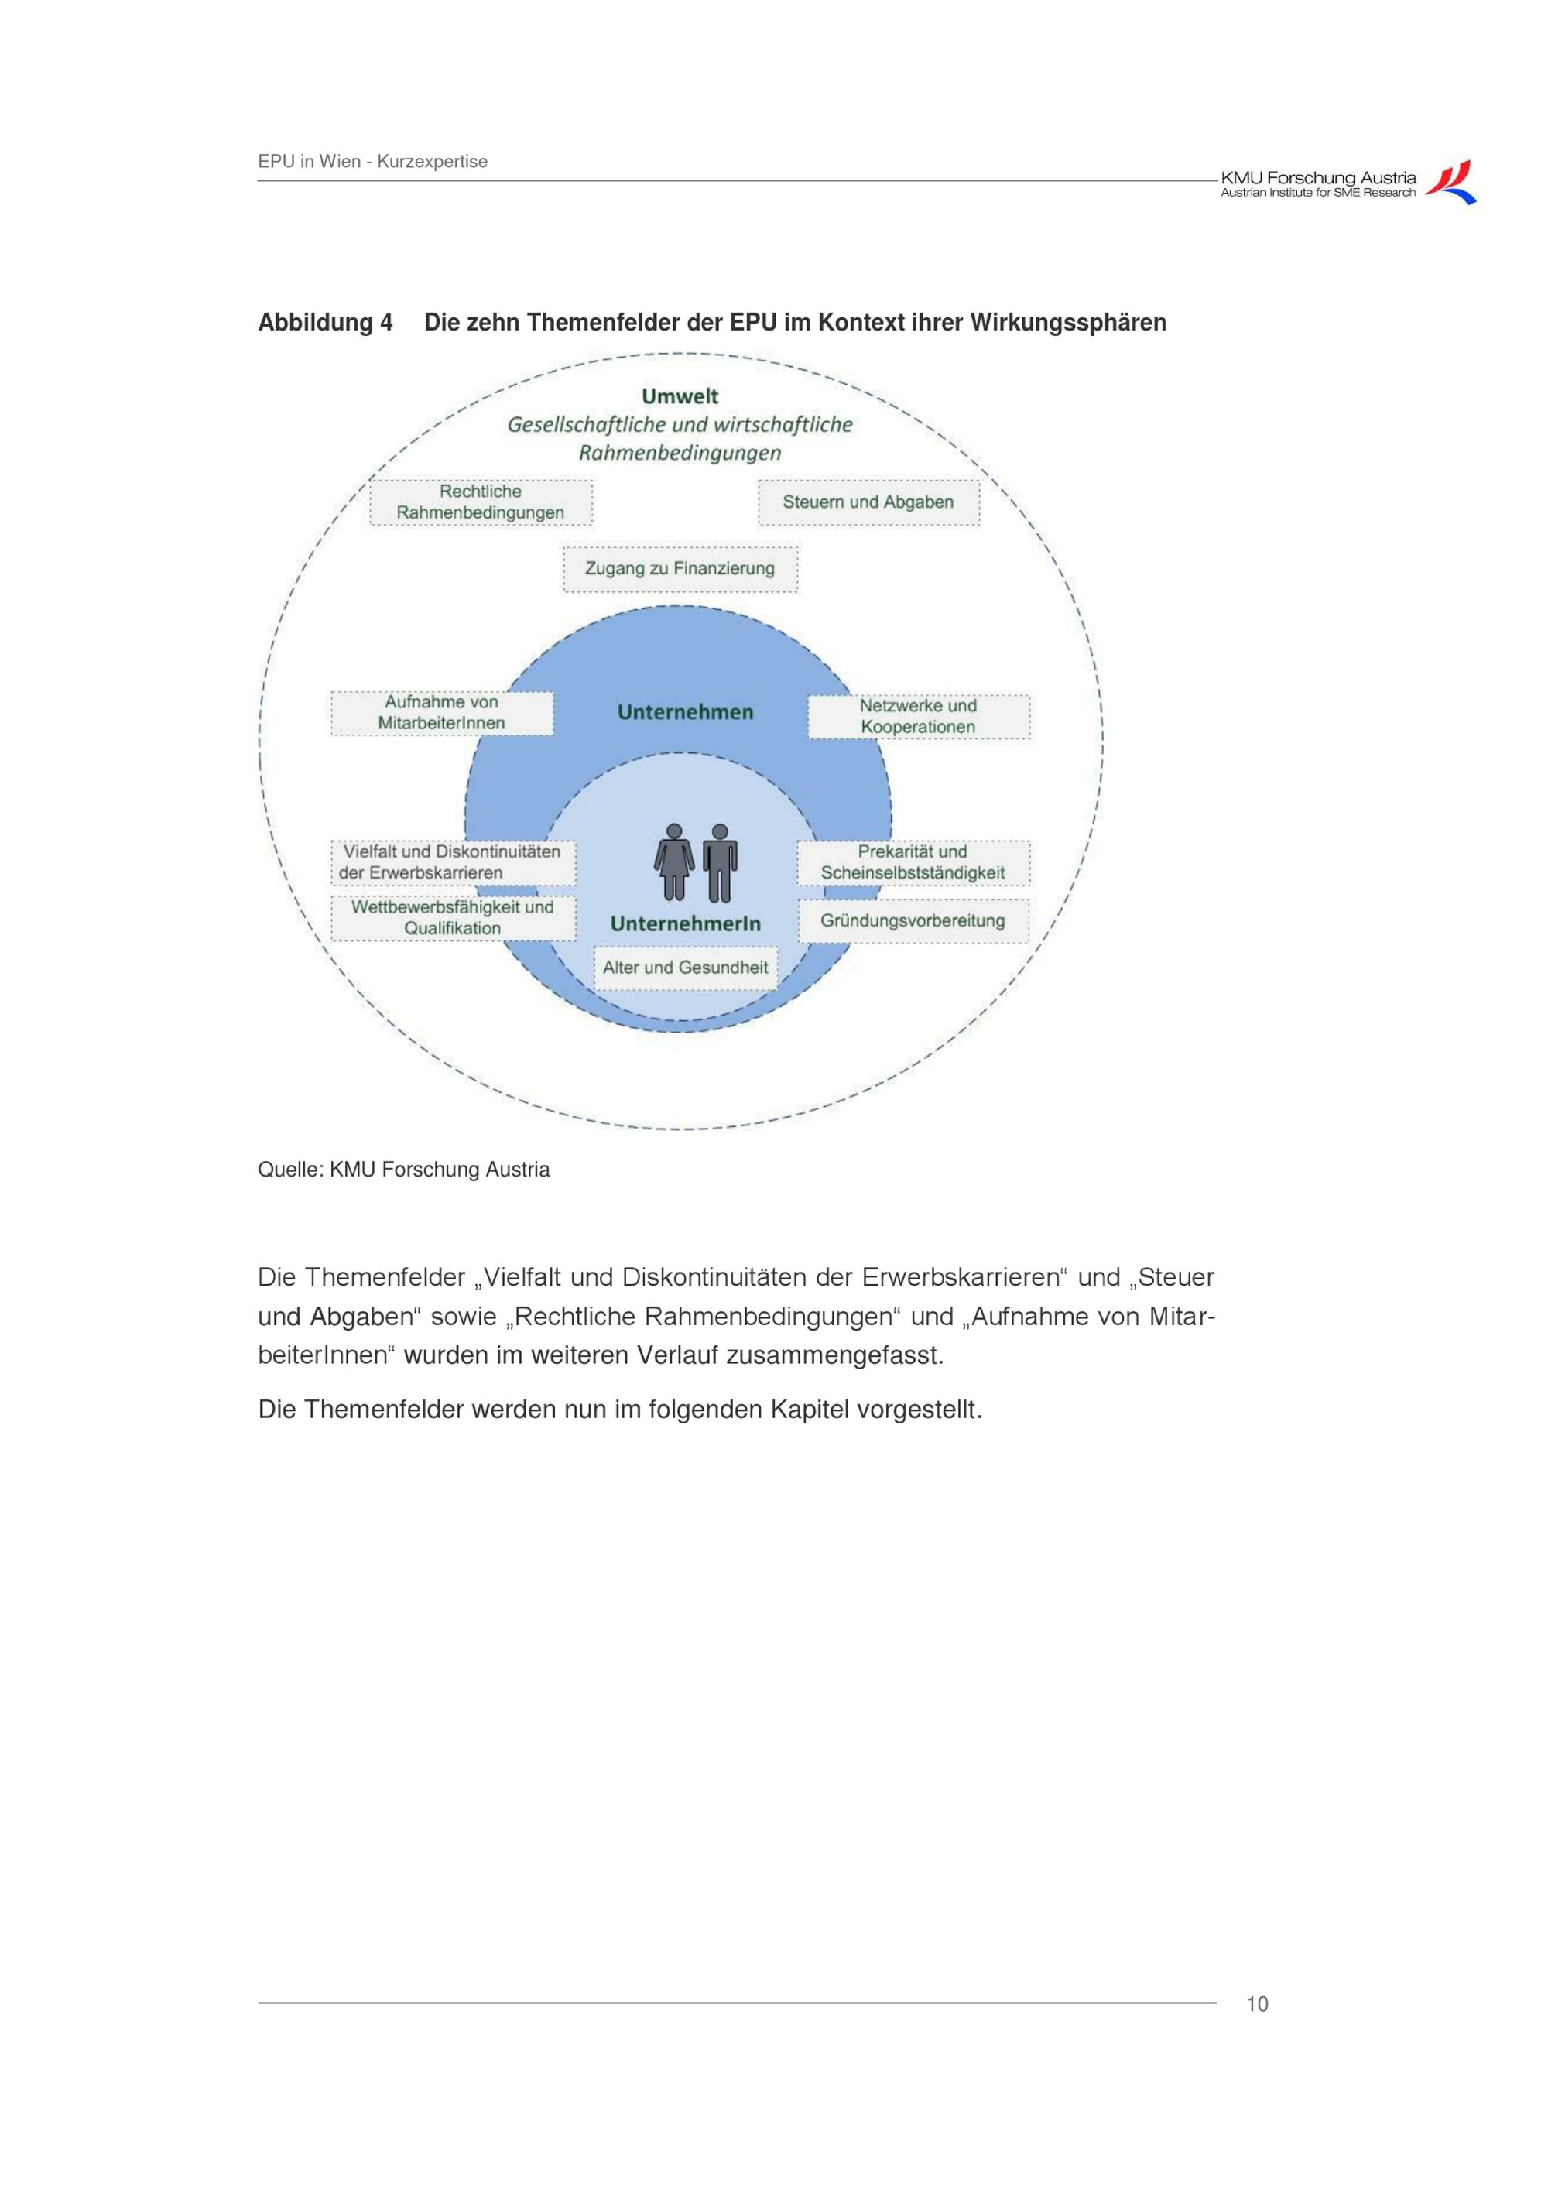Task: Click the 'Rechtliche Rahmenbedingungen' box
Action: [x=481, y=502]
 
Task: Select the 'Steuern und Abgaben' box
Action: [x=868, y=502]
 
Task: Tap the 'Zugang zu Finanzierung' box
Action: [x=680, y=569]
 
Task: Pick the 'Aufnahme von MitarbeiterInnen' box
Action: [x=441, y=713]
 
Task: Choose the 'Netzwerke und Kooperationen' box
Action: [x=918, y=717]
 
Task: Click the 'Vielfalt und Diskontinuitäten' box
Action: [x=452, y=863]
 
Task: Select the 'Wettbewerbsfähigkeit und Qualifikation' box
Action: [x=453, y=918]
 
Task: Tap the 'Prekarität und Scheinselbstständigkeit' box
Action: [x=913, y=863]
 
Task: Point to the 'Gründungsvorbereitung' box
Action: [x=913, y=921]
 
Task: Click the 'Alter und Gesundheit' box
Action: [x=685, y=968]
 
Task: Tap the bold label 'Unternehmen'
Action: [x=685, y=712]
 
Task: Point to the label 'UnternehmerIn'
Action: [x=685, y=924]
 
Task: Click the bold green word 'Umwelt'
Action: [x=680, y=396]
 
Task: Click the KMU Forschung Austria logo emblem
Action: [x=1450, y=182]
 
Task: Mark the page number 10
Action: [x=1257, y=2004]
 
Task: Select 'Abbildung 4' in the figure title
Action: [x=325, y=324]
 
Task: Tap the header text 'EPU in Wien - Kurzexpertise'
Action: [x=373, y=162]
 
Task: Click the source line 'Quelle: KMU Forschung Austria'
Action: [x=403, y=1170]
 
